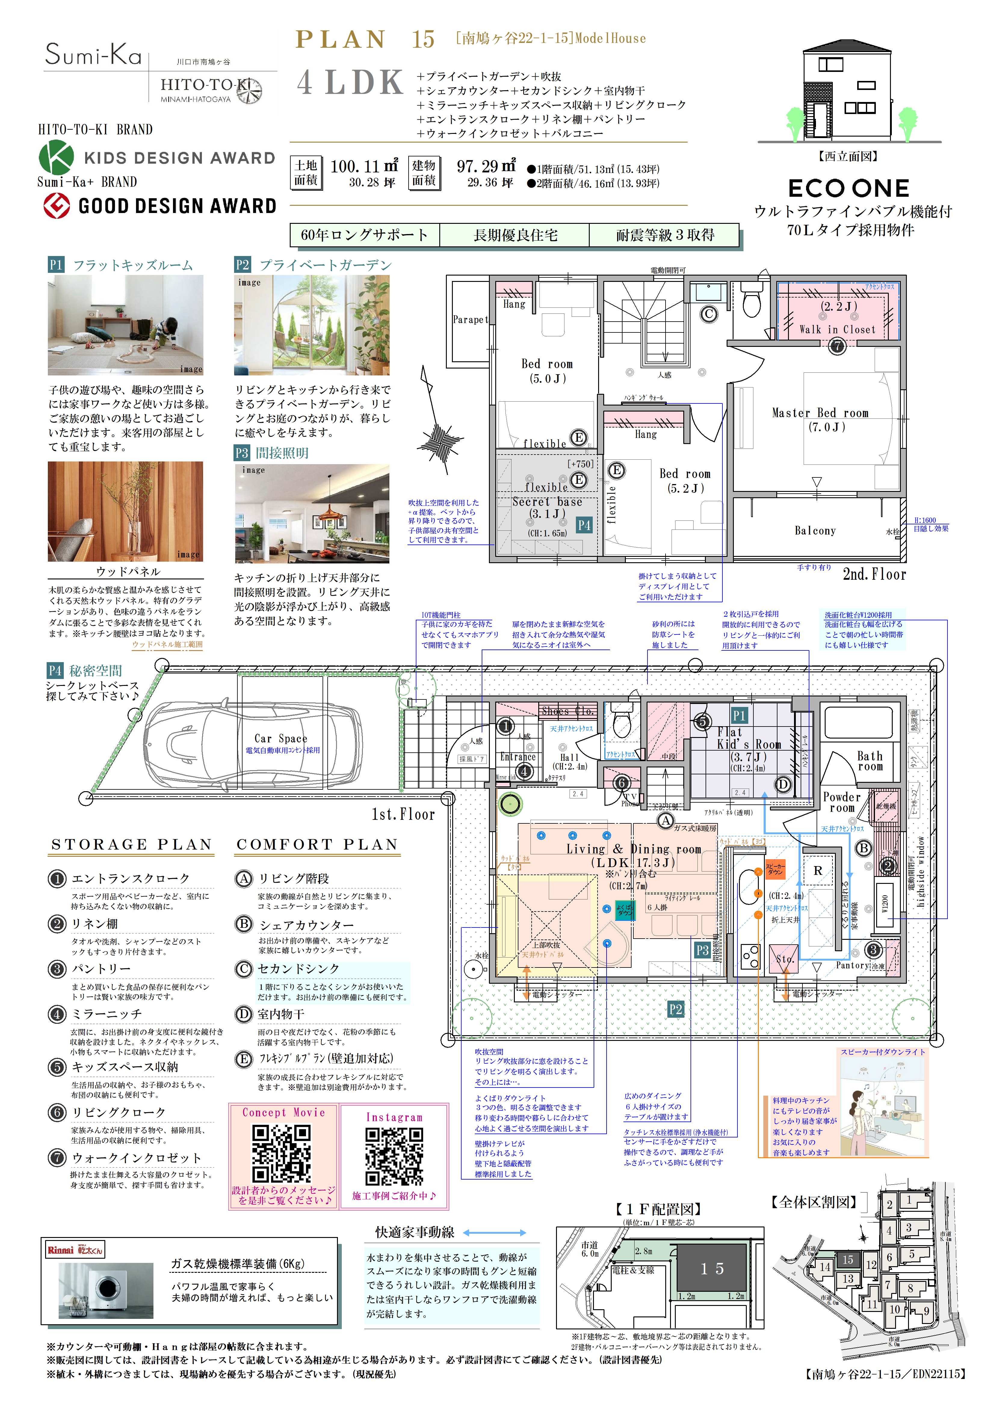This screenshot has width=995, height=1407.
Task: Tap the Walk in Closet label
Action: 837,329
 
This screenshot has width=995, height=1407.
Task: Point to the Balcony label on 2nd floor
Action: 815,531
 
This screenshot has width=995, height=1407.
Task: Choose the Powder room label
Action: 842,802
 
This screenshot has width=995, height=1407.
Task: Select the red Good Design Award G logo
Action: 56,206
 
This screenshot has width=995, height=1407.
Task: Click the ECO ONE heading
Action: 848,188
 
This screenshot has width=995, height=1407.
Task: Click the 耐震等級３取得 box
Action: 665,235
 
